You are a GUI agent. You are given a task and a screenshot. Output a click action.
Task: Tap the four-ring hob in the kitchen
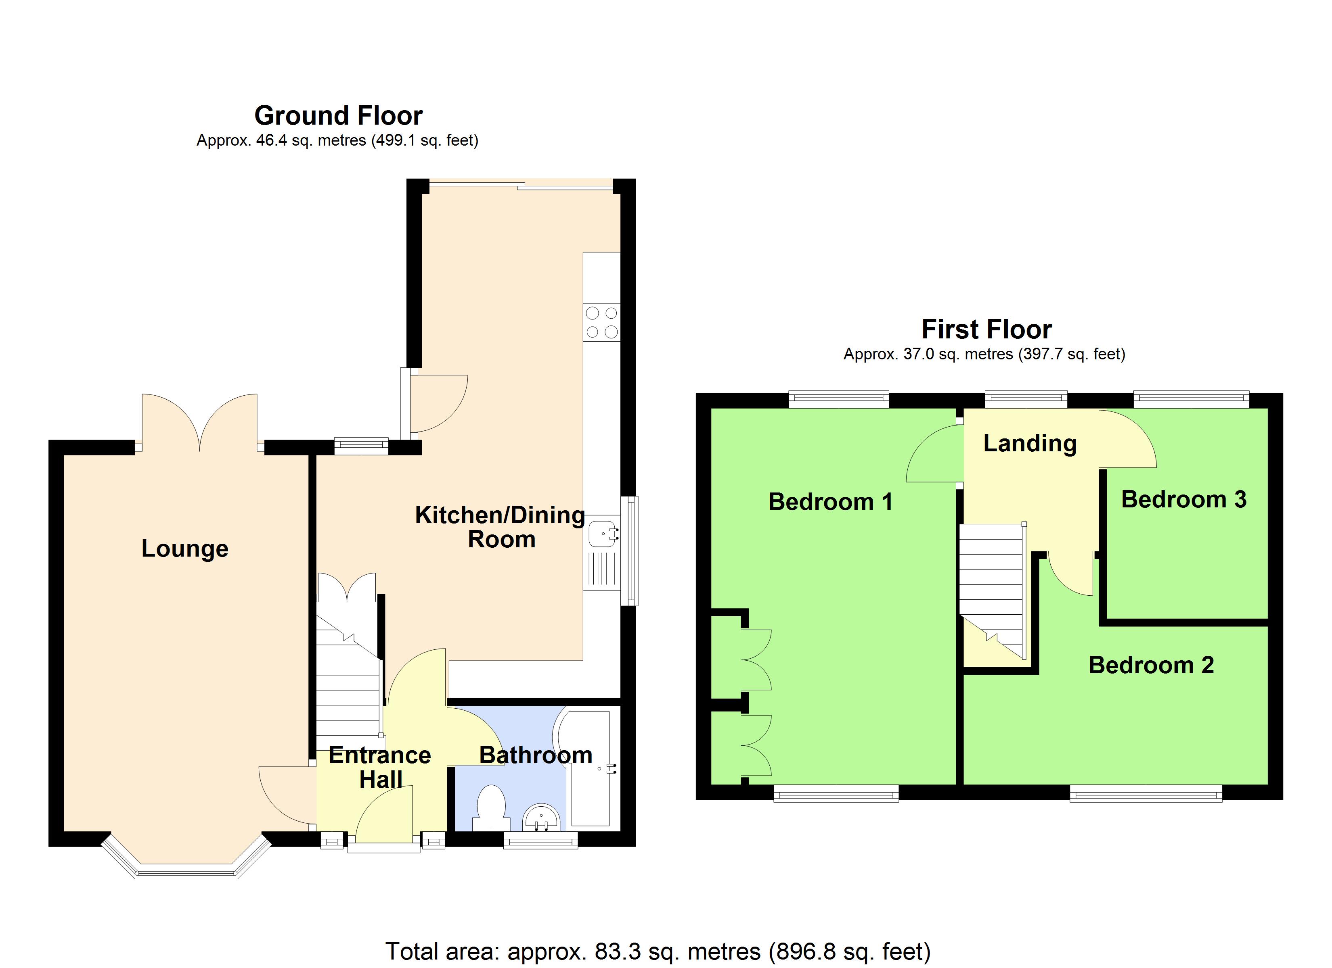(601, 322)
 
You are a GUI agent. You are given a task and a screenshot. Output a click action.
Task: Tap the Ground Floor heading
(338, 116)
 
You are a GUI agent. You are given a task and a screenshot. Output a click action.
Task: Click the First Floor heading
(986, 329)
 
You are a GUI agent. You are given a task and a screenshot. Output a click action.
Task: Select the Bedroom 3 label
(1183, 500)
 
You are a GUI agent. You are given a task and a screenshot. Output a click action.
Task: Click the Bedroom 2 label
(1151, 665)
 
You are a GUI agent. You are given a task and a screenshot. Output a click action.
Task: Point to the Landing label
(1030, 443)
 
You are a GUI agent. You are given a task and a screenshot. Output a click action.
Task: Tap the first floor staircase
(992, 587)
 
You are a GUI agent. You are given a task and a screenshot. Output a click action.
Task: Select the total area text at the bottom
(658, 951)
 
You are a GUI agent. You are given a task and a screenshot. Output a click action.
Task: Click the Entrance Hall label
(380, 767)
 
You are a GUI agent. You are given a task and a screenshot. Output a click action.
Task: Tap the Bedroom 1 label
(830, 502)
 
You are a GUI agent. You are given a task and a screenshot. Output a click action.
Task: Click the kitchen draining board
(601, 570)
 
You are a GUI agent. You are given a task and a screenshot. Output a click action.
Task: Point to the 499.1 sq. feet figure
(424, 141)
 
